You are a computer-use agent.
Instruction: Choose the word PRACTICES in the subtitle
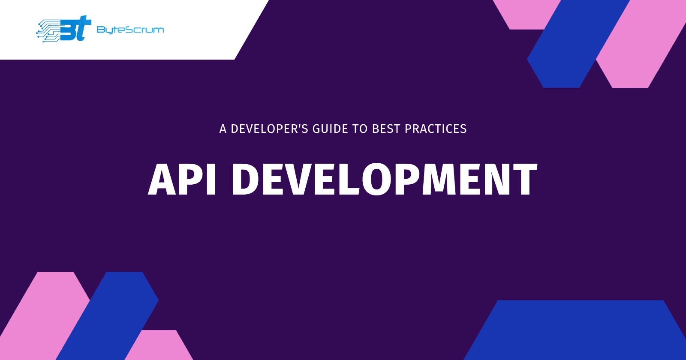[436, 129]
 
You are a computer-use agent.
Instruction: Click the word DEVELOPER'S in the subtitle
[269, 129]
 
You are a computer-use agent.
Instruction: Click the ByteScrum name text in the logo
[130, 30]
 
